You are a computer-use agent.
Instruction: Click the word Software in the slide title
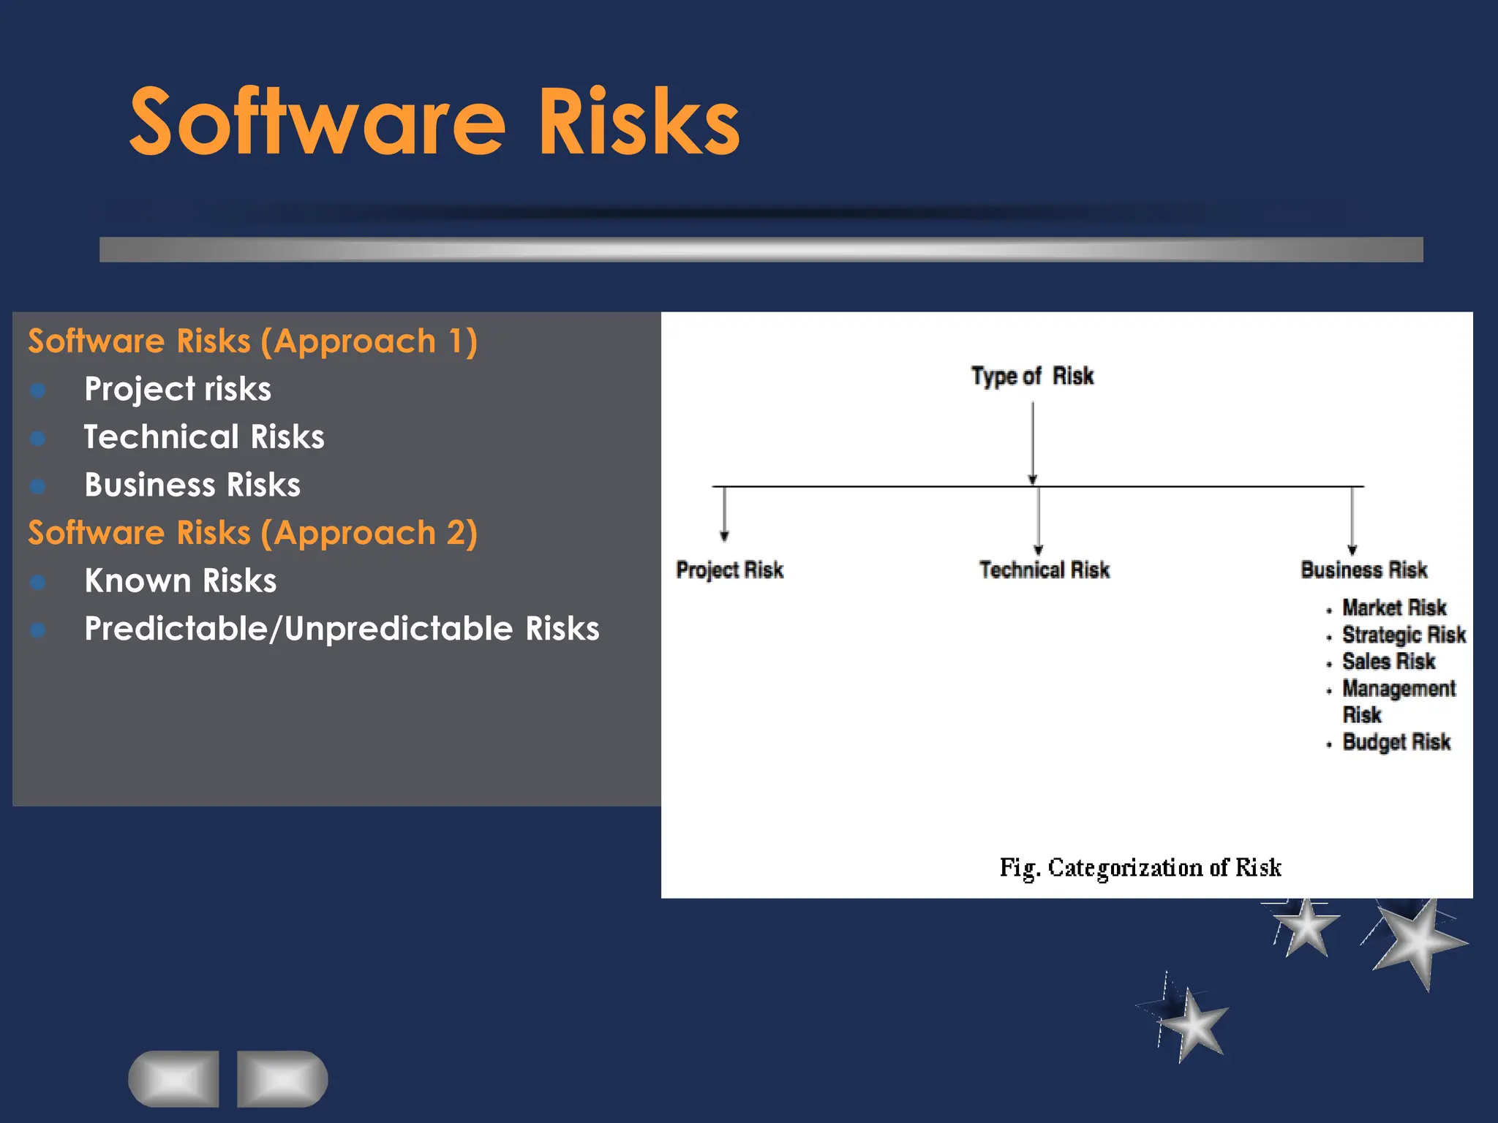click(317, 122)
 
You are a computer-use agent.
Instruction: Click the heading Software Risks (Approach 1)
click(252, 341)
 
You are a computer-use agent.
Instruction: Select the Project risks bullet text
click(178, 389)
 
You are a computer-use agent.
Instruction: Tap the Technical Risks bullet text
click(204, 437)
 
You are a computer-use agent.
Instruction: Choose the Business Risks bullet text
click(192, 485)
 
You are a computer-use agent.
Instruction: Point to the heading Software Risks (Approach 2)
click(252, 533)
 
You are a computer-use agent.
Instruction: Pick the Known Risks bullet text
click(181, 581)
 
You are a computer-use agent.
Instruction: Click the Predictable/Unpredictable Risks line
click(342, 629)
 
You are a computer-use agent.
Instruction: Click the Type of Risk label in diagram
click(1032, 376)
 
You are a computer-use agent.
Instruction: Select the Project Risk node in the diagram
click(729, 570)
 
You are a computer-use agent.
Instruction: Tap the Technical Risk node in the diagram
click(1044, 570)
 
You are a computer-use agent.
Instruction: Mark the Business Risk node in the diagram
click(1363, 570)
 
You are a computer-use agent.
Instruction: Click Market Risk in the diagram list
click(1393, 608)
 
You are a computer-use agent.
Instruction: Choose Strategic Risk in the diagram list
click(1403, 635)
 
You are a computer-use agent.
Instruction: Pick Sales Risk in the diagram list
click(1388, 662)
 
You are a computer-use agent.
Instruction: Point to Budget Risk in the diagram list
click(1396, 742)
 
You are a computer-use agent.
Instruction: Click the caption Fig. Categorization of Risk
click(1140, 868)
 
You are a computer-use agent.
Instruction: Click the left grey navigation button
click(174, 1079)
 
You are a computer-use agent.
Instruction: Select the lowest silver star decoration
click(1191, 1024)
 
